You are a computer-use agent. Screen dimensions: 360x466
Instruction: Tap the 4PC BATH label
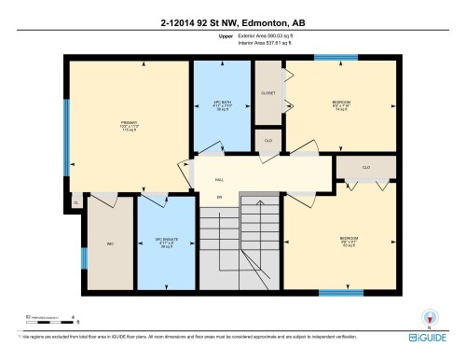[x=222, y=104]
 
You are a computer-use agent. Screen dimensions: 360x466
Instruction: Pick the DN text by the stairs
[x=220, y=197]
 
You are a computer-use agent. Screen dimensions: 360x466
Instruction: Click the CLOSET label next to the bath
[x=268, y=93]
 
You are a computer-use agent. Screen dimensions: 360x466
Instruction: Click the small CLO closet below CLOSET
[x=267, y=140]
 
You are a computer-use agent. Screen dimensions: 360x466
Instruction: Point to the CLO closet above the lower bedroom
[x=366, y=167]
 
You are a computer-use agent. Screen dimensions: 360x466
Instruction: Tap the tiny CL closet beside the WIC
[x=75, y=201]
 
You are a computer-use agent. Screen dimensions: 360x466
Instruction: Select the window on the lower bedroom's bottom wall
[x=341, y=292]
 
